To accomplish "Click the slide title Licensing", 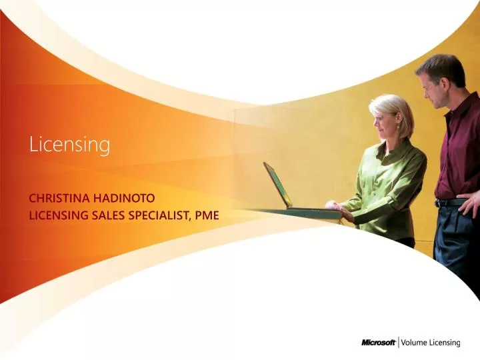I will point(69,144).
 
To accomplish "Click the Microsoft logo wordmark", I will point(378,342).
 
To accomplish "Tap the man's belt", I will point(451,202).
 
